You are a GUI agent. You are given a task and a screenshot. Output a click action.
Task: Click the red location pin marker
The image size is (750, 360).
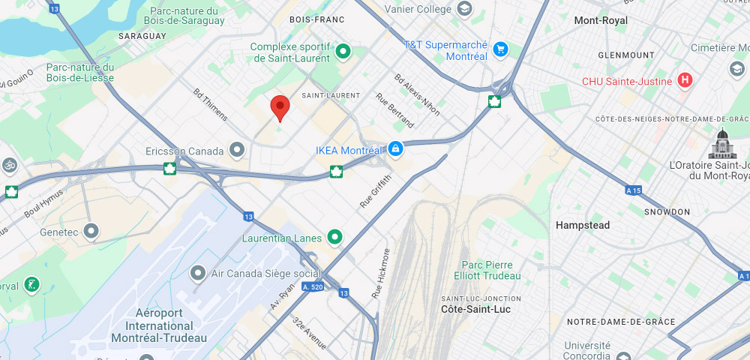click(x=280, y=107)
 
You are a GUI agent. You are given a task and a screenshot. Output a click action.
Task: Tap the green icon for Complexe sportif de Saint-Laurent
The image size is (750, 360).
click(x=343, y=51)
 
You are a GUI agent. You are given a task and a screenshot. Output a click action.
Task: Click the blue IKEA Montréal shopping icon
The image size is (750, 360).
click(x=395, y=149)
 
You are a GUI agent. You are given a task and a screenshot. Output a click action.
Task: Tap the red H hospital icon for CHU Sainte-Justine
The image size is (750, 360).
click(x=684, y=80)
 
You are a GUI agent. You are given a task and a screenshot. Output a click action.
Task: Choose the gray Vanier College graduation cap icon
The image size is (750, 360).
click(x=465, y=9)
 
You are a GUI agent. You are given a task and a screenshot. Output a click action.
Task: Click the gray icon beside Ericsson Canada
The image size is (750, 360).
click(x=238, y=151)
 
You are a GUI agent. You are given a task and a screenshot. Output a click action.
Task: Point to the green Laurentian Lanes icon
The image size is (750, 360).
click(x=335, y=238)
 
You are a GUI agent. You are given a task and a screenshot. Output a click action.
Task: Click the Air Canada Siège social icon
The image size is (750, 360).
click(x=198, y=273)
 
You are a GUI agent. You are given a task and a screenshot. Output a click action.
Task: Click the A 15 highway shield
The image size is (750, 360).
click(x=634, y=191)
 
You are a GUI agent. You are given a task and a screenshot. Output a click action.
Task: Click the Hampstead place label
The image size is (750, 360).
click(x=582, y=225)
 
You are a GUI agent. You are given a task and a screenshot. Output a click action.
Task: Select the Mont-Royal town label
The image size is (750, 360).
click(x=601, y=20)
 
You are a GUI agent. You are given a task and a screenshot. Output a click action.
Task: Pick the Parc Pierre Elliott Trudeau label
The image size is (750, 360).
click(x=487, y=271)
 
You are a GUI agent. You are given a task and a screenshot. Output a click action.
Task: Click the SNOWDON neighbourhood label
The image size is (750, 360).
click(x=666, y=212)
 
